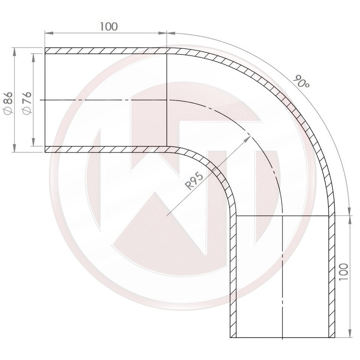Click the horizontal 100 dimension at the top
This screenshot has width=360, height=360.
pyautogui.click(x=108, y=26)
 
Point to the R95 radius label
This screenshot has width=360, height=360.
pyautogui.click(x=195, y=180)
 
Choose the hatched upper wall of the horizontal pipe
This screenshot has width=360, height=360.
pyautogui.click(x=106, y=51)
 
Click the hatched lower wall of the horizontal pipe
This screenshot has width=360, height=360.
pyautogui.click(x=106, y=149)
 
